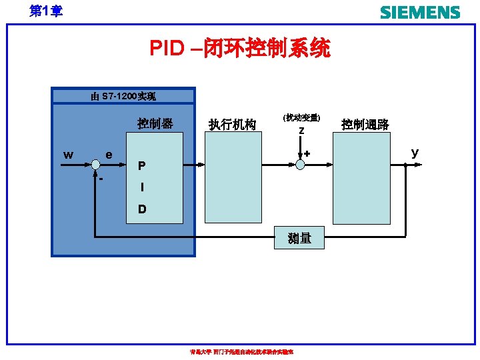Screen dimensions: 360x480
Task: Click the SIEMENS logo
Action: [x=419, y=13]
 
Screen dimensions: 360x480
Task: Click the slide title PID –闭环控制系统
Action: [x=239, y=48]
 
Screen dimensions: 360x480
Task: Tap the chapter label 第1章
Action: [x=46, y=11]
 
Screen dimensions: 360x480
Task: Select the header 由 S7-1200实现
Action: [x=123, y=97]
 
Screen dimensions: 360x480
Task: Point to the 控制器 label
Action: [x=155, y=123]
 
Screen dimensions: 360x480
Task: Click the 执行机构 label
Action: [x=232, y=124]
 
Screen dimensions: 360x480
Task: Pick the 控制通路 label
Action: [x=365, y=124]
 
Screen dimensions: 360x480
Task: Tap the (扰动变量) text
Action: [x=301, y=117]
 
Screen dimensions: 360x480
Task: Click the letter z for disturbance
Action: [x=301, y=131]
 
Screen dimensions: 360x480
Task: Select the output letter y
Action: [x=415, y=153]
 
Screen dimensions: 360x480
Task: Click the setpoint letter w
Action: [x=68, y=155]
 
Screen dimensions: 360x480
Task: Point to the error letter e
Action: [x=109, y=155]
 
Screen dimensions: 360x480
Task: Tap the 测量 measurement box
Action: [x=299, y=237]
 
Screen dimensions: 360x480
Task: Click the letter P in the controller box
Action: [x=141, y=166]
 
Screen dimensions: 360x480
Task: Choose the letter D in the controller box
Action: [x=141, y=209]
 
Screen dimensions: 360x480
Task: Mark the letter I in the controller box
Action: [x=141, y=187]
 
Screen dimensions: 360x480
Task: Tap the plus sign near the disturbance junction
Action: [x=307, y=154]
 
